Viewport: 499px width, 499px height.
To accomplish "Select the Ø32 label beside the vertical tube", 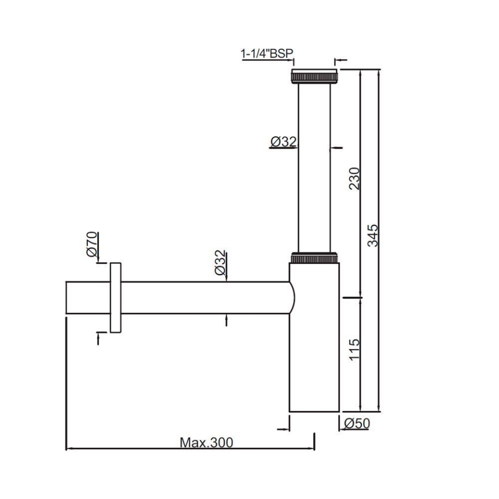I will pos(283,141).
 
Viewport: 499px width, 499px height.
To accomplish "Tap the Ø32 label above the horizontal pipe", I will pos(220,262).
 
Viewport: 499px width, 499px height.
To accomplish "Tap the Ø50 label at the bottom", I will pos(357,424).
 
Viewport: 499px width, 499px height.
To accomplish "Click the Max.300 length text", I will pos(206,442).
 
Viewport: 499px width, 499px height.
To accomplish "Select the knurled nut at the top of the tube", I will pos(314,76).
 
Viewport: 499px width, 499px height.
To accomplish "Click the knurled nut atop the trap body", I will pos(314,258).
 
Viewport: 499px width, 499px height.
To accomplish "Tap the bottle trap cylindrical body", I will pos(314,353).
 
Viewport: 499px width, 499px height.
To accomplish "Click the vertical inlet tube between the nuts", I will pos(314,166).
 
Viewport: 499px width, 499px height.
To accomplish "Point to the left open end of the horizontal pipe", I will pos(68,297).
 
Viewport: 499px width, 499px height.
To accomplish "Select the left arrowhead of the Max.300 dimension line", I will pos(70,448).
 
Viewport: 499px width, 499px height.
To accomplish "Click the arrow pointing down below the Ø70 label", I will pos(97,260).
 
